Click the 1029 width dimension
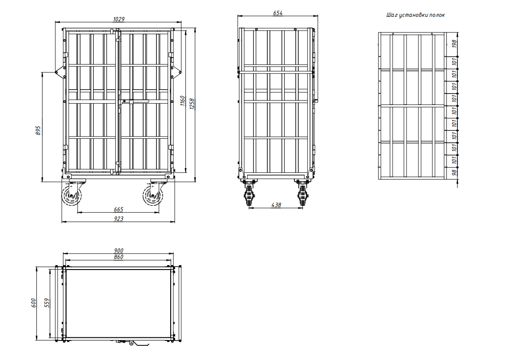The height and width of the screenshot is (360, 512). [118, 19]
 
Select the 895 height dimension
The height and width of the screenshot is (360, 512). [38, 130]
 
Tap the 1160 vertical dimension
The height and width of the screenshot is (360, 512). [183, 101]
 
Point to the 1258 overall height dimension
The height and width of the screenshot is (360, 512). [192, 104]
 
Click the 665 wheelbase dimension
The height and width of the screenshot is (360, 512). [118, 209]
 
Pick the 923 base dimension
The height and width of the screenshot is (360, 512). [118, 219]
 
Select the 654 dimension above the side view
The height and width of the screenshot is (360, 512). [277, 13]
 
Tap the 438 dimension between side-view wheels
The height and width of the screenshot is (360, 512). [276, 205]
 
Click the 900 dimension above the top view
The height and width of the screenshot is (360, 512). [118, 250]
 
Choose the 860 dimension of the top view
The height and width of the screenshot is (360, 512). [118, 257]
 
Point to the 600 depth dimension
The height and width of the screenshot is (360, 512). [33, 303]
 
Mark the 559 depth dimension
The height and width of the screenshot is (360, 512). [47, 303]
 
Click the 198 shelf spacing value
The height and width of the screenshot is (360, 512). [454, 44]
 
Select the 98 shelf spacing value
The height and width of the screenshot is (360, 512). [454, 172]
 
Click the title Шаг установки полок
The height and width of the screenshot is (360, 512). [415, 15]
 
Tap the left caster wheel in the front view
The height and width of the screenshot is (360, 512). [71, 196]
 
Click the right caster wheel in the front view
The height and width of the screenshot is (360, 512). [152, 196]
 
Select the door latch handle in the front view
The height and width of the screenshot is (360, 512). [134, 102]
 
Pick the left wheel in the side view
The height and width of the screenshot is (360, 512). [249, 195]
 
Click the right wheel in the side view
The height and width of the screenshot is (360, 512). [303, 195]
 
